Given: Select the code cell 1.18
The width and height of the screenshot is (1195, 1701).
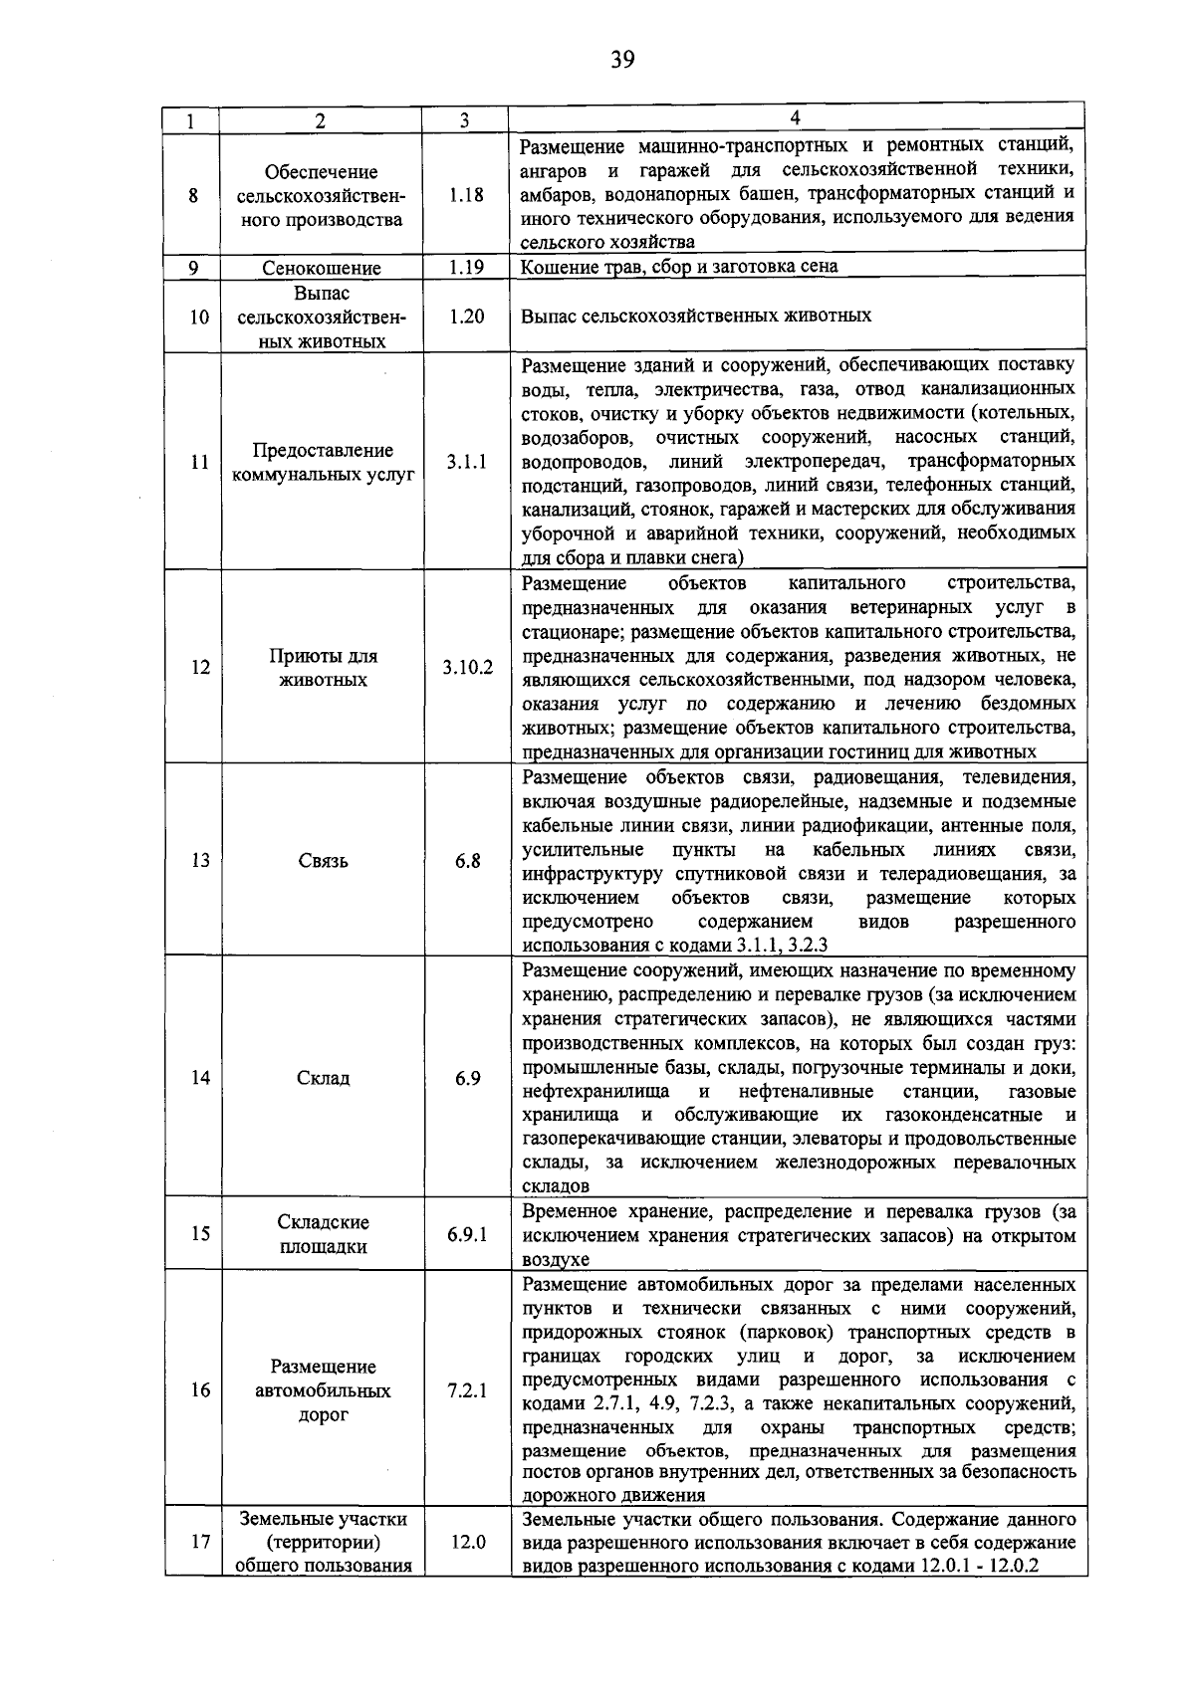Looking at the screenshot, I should (465, 195).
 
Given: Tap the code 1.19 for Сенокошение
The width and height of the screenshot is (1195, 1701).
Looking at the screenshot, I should (465, 267).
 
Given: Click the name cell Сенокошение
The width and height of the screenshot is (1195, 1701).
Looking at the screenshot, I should (322, 268).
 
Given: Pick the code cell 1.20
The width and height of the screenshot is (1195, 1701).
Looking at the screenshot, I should (465, 316).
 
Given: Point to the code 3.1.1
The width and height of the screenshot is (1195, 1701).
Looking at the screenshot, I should (466, 462).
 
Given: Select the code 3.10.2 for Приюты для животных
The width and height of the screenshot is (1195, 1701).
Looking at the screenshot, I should (467, 667).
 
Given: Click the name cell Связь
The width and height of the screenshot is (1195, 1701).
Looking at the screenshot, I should (323, 861).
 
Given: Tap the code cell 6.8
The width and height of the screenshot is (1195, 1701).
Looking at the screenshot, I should (467, 861).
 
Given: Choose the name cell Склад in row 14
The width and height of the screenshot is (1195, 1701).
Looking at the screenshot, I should (323, 1078).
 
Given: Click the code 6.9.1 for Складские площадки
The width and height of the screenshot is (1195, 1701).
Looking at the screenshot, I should (467, 1234).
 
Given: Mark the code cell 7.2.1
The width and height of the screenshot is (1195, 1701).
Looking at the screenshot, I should (467, 1390).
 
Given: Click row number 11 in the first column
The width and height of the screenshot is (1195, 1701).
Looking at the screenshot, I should (200, 462).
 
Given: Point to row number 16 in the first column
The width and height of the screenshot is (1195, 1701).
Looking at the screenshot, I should (200, 1390).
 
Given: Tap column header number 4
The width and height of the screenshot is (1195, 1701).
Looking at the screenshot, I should (795, 118).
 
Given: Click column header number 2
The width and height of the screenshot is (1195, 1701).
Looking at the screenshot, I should (320, 121).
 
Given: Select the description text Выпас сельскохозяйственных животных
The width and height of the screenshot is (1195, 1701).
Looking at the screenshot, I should (696, 316).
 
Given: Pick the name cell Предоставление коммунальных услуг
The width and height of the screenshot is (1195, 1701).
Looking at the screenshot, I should (323, 463).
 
